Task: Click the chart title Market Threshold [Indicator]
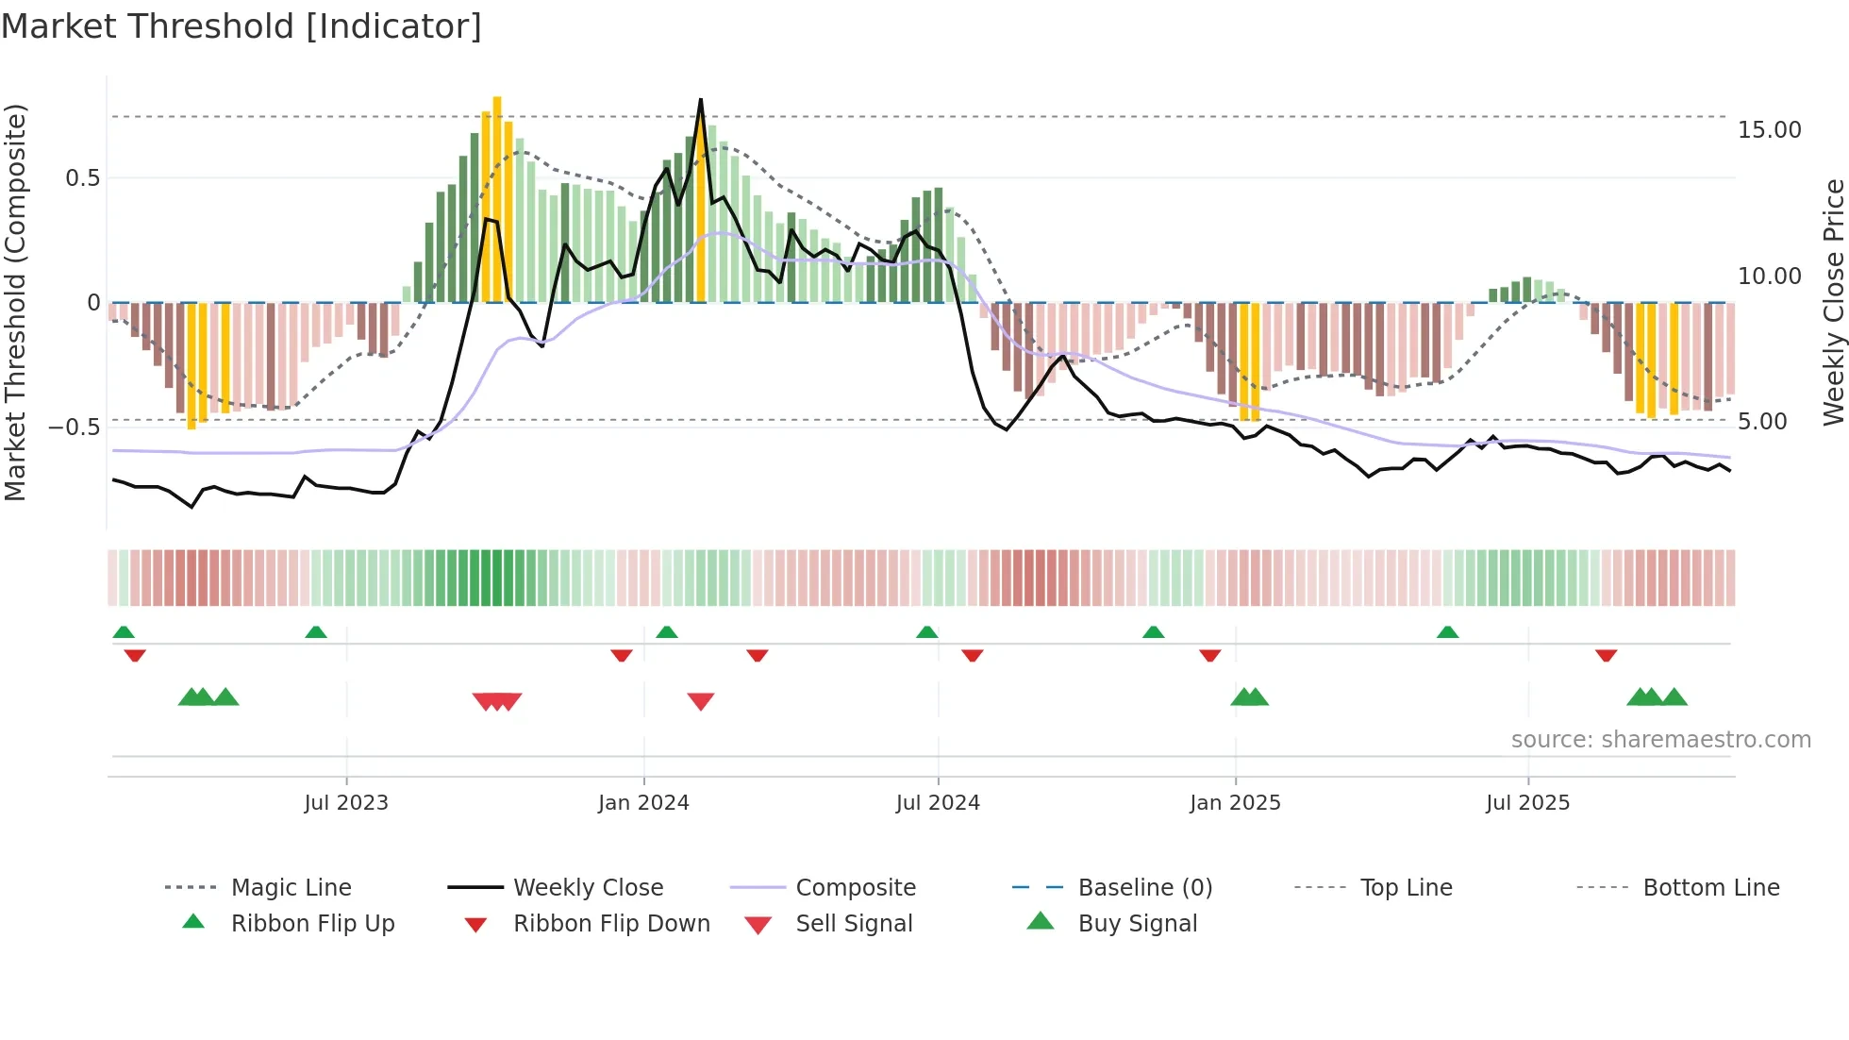[242, 26]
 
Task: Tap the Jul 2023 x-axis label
[345, 803]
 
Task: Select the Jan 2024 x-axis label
[643, 803]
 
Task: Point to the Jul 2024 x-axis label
[938, 803]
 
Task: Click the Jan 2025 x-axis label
[1235, 803]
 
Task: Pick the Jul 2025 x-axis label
[1527, 803]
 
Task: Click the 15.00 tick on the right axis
[1769, 130]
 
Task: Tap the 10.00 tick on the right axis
[1769, 277]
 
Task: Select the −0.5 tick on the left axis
[74, 427]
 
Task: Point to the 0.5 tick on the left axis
[82, 178]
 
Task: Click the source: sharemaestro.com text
[1660, 740]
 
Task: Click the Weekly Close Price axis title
[1833, 302]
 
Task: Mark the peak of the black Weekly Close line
[701, 100]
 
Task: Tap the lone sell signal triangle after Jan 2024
[701, 701]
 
